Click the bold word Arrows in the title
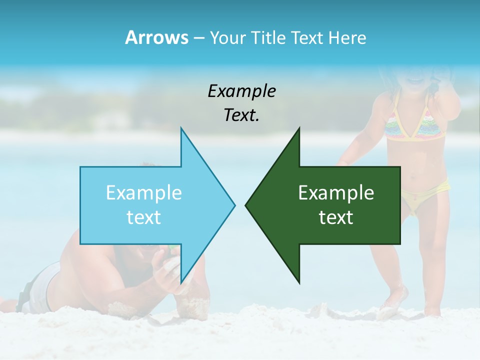click(156, 37)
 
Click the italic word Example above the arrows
click(241, 91)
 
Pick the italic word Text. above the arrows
click(241, 115)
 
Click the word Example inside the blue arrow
click(144, 192)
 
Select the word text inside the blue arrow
click(144, 217)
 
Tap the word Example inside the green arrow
click(336, 192)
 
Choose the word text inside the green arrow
click(336, 217)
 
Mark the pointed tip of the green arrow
click(246, 204)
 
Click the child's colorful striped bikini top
click(415, 125)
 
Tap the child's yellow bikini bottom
click(425, 197)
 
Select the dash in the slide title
click(198, 38)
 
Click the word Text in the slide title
click(307, 37)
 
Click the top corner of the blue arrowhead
click(181, 128)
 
